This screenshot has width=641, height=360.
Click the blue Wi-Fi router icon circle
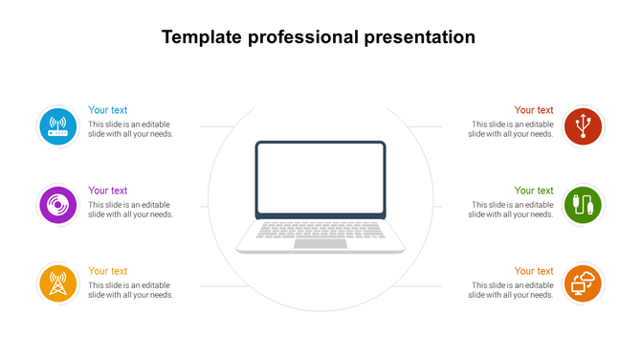(x=56, y=126)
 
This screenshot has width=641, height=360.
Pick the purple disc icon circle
(x=56, y=205)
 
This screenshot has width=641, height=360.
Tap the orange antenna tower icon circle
(x=56, y=283)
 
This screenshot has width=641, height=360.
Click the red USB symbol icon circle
(x=583, y=126)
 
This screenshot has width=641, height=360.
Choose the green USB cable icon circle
(x=583, y=205)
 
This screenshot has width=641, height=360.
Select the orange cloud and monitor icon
(x=583, y=283)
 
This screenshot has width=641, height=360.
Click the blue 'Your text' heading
(x=108, y=110)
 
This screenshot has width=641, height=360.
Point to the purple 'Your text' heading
(x=108, y=191)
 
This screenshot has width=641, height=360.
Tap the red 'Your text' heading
(x=534, y=110)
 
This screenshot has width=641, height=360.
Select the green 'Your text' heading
(x=534, y=191)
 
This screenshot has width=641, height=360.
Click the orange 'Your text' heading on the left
(x=108, y=271)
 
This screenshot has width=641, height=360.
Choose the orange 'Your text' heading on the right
(x=534, y=271)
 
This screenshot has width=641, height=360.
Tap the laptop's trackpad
(x=320, y=243)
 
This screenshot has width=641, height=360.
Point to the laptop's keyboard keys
(x=320, y=230)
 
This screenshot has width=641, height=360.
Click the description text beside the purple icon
(x=130, y=210)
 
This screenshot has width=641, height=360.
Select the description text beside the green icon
(x=511, y=210)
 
